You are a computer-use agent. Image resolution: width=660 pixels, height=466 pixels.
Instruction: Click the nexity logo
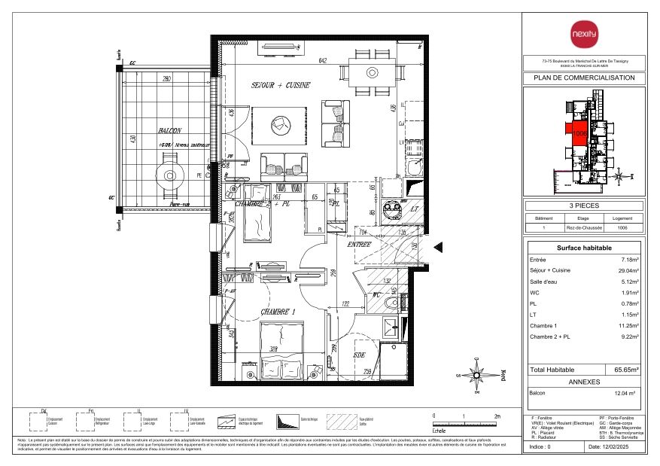click(584, 35)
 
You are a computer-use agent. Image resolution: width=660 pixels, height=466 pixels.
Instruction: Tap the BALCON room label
click(160, 130)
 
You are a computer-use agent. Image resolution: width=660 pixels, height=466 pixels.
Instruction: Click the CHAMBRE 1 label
click(278, 311)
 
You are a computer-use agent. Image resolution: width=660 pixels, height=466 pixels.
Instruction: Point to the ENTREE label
click(360, 245)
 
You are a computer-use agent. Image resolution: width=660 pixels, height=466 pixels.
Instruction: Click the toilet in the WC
click(390, 303)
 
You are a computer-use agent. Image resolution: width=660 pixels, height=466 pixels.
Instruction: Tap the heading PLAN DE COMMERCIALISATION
click(584, 78)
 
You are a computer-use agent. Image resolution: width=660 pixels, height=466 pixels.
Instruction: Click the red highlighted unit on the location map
click(577, 132)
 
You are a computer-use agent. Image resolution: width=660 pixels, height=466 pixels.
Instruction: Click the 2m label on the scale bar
click(497, 416)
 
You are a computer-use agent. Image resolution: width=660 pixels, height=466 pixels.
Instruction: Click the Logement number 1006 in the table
click(622, 227)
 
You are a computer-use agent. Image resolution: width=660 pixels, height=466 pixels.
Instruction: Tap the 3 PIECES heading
click(584, 205)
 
